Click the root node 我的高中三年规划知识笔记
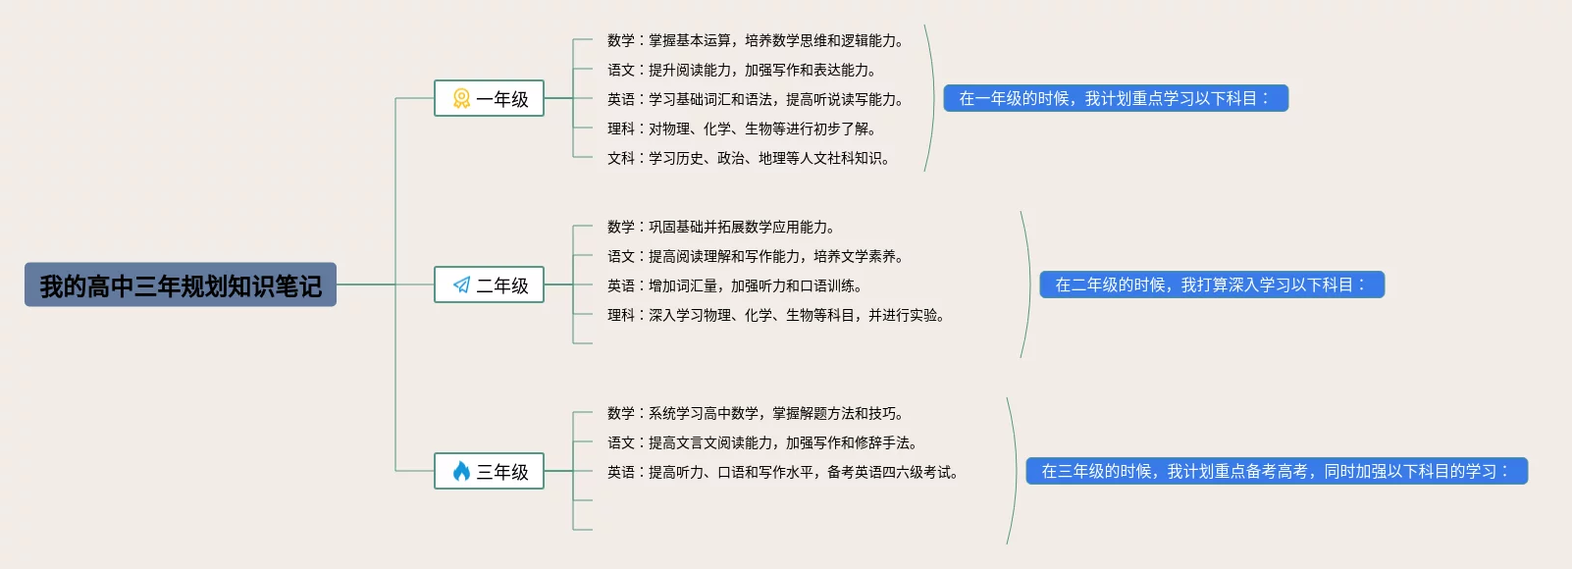tap(181, 284)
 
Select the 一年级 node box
tap(489, 98)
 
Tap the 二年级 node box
tap(489, 284)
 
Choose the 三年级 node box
tap(489, 471)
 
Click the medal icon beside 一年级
tap(461, 98)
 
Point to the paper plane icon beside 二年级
tap(461, 284)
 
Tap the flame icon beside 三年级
tap(461, 471)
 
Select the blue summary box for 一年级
tap(1115, 98)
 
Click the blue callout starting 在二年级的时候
tap(1211, 284)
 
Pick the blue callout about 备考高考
tap(1276, 471)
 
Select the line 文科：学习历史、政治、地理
tap(748, 158)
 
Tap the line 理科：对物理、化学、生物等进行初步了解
tap(741, 129)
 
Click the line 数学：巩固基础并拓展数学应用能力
tap(720, 227)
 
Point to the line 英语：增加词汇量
tap(734, 285)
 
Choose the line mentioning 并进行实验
tap(775, 315)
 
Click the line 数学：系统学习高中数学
tap(755, 413)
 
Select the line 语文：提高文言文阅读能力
tap(761, 442)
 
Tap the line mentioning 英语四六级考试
tap(782, 472)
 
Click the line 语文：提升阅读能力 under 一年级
tap(741, 70)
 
